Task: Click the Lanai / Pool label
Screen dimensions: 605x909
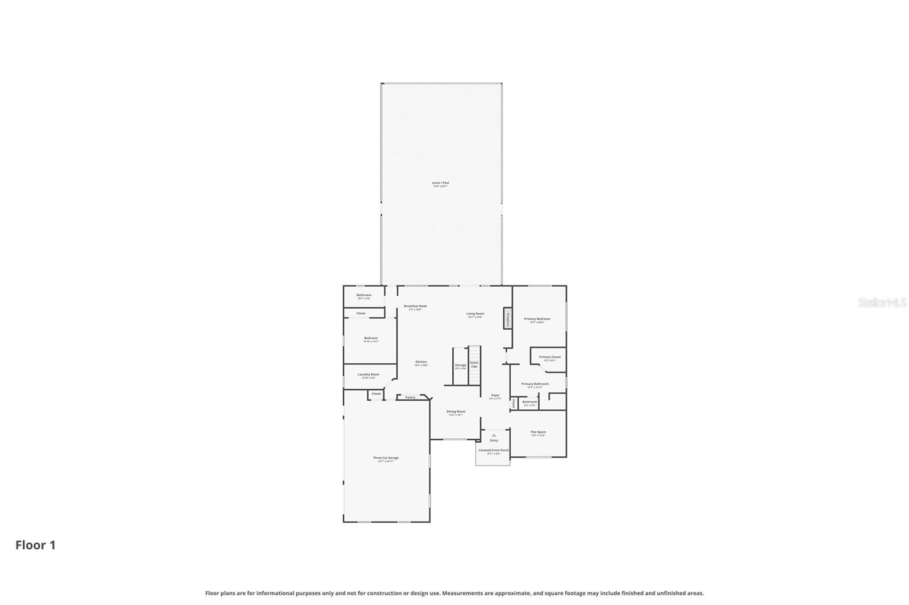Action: [x=440, y=183]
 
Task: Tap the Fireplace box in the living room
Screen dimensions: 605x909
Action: [x=507, y=318]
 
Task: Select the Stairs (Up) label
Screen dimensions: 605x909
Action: [x=474, y=364]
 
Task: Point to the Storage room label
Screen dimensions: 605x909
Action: [x=460, y=365]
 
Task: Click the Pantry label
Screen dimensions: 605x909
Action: [x=410, y=397]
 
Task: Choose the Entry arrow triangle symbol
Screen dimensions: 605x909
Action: [x=494, y=435]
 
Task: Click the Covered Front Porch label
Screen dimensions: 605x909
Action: [x=493, y=451]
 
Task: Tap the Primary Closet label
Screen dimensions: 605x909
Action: [x=549, y=358]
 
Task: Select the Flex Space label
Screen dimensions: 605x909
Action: [x=538, y=432]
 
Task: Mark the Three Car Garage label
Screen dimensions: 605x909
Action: [x=386, y=458]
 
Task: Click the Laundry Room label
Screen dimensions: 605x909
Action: [x=368, y=375]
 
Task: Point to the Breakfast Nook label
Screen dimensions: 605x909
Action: [x=415, y=306]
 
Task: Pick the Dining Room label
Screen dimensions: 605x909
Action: [x=456, y=412]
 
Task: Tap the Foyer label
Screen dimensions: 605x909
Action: [x=495, y=396]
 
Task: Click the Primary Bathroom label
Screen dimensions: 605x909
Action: [x=535, y=384]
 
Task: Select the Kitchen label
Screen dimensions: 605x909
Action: [x=421, y=362]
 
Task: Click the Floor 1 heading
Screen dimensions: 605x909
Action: [x=35, y=545]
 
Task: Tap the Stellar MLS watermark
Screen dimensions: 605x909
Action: [x=882, y=303]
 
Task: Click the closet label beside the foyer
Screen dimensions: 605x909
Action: [x=514, y=404]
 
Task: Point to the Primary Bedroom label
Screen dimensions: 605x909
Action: [x=537, y=319]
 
